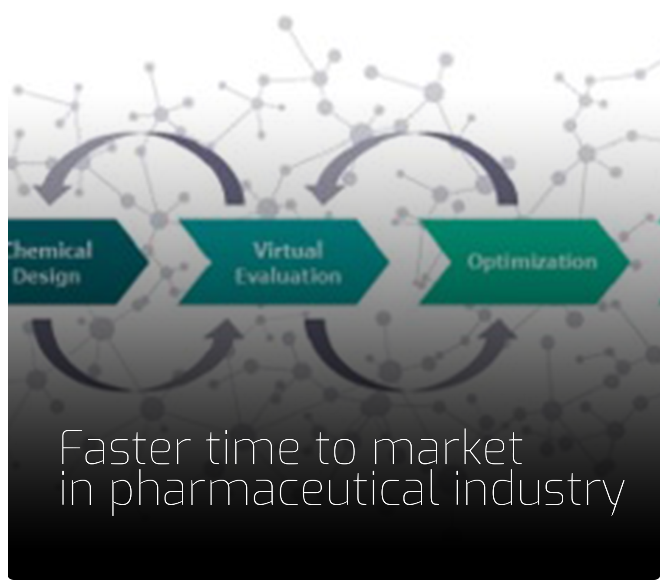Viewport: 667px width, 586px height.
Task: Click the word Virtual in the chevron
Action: point(288,251)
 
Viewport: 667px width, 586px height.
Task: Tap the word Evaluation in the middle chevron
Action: point(288,277)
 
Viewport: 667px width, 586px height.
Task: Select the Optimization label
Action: point(532,262)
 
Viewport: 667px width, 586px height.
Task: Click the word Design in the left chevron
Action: point(47,277)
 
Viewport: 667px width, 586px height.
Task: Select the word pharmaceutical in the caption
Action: point(274,491)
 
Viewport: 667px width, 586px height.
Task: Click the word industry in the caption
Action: point(538,491)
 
